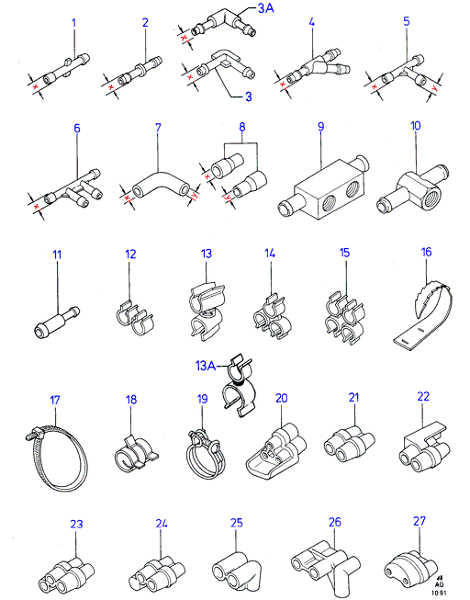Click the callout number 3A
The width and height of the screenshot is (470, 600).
coord(266,7)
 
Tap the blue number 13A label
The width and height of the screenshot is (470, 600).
coord(206,366)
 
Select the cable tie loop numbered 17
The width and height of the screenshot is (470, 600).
coord(56,458)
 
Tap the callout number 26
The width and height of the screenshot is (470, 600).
coord(335,522)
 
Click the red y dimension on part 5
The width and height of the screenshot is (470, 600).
coord(433,87)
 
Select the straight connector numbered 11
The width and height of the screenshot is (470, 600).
coord(57,322)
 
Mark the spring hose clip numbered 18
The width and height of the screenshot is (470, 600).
coord(136,451)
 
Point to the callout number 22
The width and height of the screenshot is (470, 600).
coord(423,396)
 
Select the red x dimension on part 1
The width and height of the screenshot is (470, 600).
coord(36,87)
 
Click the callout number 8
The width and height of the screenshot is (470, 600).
coord(242,128)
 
